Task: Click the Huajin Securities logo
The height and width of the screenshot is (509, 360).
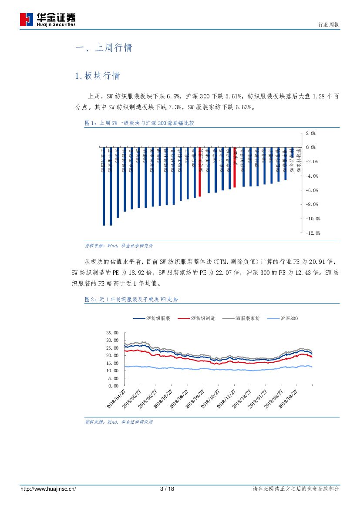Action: tap(48, 20)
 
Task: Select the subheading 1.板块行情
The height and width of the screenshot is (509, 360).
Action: tap(98, 76)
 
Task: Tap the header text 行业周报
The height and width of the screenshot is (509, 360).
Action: tap(326, 25)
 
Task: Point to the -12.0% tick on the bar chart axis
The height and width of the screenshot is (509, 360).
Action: tap(313, 233)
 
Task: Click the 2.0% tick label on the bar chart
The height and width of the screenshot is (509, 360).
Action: tap(310, 133)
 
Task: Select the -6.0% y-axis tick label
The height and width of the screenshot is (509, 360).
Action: tap(312, 190)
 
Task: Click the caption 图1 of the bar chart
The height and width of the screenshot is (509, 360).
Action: tap(139, 123)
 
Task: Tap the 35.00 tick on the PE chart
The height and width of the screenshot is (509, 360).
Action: tap(112, 333)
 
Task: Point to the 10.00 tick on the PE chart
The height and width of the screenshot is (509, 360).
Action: tap(112, 371)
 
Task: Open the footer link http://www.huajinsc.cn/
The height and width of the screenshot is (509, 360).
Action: tap(48, 489)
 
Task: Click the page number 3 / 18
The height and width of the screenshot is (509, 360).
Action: tap(167, 489)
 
